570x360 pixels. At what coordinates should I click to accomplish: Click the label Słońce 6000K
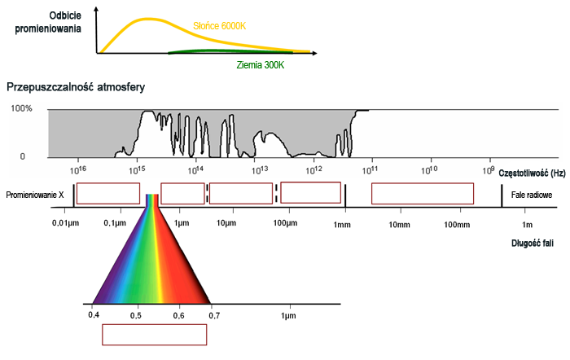[219, 26]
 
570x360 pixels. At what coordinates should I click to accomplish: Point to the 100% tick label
[21, 109]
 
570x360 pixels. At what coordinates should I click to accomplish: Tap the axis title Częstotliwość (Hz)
[531, 173]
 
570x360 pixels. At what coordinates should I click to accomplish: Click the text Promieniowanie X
[35, 195]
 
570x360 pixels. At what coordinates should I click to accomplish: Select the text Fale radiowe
[532, 195]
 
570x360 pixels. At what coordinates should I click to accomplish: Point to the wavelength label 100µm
[284, 222]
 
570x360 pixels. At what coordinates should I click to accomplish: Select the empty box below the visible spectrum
[154, 334]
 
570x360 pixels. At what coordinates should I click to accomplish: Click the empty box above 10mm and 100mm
[423, 194]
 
